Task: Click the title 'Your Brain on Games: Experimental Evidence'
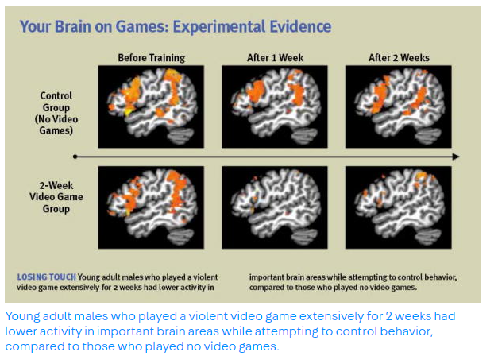coord(175,26)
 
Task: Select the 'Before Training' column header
coord(151,58)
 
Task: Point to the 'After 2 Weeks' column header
coord(399,58)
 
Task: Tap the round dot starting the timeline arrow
coord(75,157)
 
